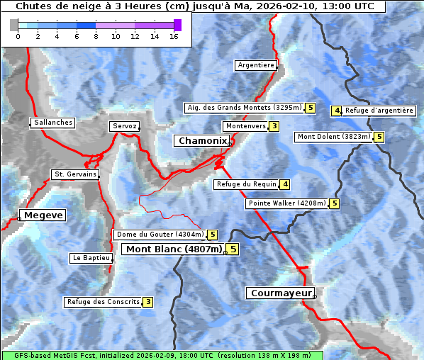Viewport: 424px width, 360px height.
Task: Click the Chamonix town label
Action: tap(202, 141)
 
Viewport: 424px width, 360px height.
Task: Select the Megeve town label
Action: tap(43, 215)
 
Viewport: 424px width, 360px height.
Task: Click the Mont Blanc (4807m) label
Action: tap(174, 249)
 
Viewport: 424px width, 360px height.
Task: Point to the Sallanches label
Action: tap(52, 123)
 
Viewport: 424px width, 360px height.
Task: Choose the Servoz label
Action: tap(124, 126)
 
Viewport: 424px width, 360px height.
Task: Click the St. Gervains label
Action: tap(74, 174)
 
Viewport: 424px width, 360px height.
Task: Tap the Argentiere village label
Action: tap(256, 65)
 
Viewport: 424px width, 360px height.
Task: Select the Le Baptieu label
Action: tap(90, 258)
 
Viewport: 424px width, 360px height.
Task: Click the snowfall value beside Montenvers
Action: tap(274, 126)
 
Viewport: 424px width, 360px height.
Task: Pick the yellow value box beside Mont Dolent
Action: tap(379, 137)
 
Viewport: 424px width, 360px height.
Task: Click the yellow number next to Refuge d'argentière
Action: tap(337, 111)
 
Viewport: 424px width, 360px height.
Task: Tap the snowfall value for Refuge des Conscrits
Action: tap(147, 302)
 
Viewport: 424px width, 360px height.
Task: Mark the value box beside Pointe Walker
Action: tap(334, 203)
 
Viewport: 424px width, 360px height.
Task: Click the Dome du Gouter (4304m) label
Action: tap(160, 235)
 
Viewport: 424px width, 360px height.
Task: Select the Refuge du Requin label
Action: tap(245, 184)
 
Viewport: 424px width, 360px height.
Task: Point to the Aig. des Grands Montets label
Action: tap(244, 108)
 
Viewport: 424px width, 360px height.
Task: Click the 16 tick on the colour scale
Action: tap(173, 36)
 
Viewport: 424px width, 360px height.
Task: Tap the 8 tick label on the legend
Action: tap(96, 36)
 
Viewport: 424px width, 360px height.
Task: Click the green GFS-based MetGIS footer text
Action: tap(162, 355)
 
